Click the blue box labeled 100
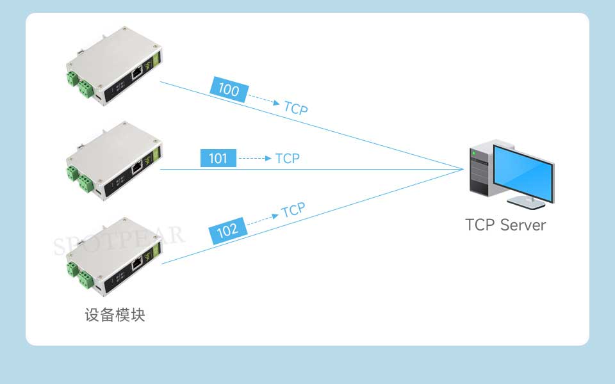coord(229,90)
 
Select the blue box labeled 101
coord(218,158)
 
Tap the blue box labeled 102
coord(227,231)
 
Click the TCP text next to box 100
coord(296,108)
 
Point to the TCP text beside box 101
coord(288,158)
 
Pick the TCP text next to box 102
coord(293,210)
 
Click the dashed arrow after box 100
coord(263,99)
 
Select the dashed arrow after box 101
coord(255,158)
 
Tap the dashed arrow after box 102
coord(263,219)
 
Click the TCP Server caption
coord(505,225)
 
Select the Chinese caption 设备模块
coord(115,316)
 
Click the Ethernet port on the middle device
coord(136,168)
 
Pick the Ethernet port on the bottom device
coord(136,263)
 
